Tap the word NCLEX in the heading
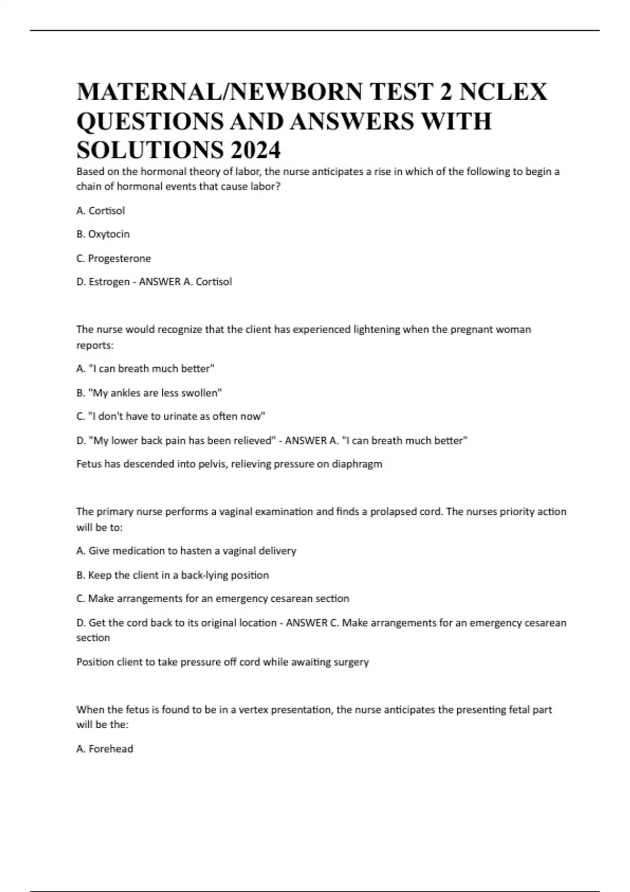503,92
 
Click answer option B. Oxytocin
103,234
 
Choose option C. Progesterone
113,258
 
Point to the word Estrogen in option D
109,282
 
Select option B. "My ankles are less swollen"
149,392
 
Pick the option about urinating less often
171,416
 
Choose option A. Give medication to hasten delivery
186,551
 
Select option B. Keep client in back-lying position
172,575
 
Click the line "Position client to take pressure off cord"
223,662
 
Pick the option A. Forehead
104,749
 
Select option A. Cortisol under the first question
100,210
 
